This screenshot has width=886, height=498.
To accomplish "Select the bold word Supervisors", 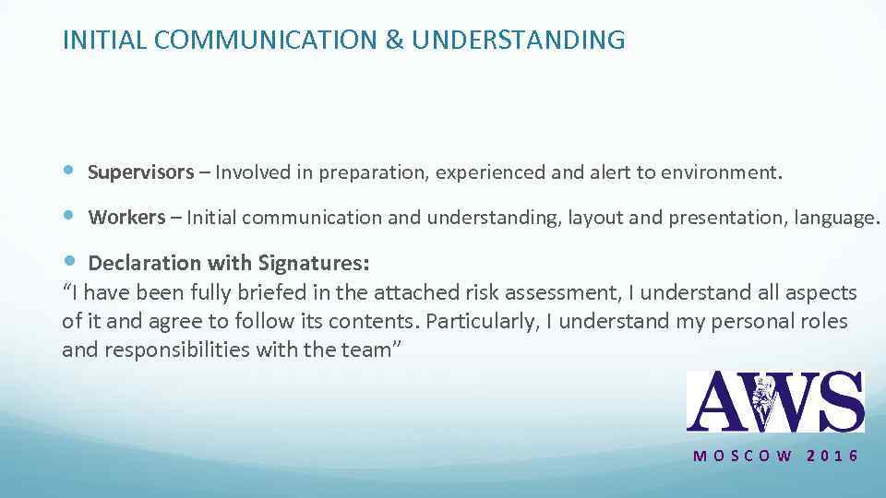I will coord(141,172).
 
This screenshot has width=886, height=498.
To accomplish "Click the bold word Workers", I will coord(127,218).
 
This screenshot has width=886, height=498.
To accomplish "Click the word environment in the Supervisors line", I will coord(724,172).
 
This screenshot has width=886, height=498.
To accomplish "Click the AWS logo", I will coord(775,401).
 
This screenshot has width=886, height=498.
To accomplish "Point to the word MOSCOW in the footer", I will coord(743,456).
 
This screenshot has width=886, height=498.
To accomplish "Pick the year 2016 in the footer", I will coord(832,456).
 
